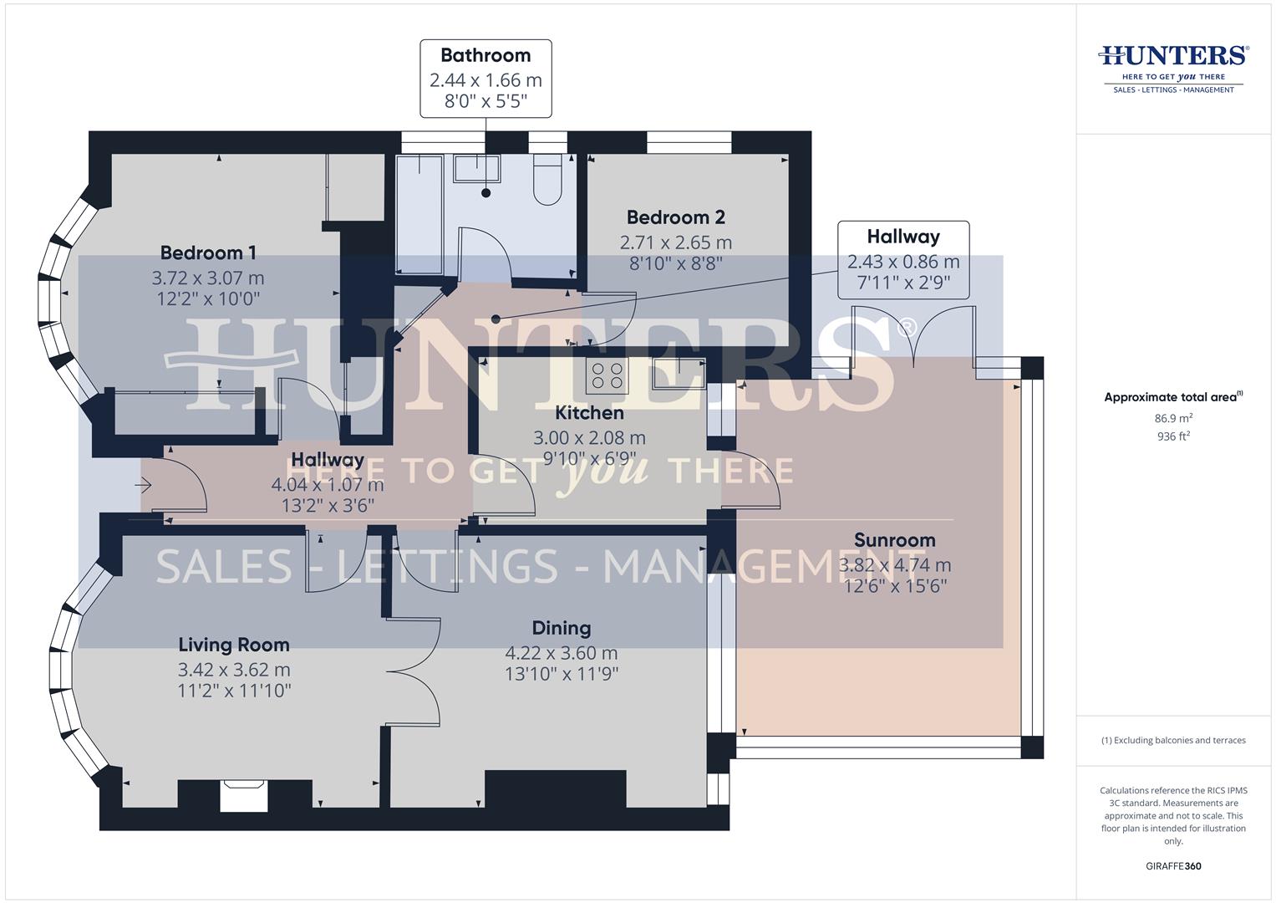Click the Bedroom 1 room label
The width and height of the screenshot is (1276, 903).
(x=208, y=253)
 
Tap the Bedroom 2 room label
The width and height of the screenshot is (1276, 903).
(x=675, y=217)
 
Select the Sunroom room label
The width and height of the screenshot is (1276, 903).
(x=894, y=540)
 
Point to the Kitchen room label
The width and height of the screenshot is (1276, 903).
(x=589, y=413)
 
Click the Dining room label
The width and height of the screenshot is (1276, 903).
(x=562, y=628)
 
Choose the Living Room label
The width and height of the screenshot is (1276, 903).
(x=234, y=645)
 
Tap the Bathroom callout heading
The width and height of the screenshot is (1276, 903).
(x=485, y=56)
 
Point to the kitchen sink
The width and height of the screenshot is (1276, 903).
(x=679, y=374)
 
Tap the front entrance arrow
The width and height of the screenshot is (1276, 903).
(x=144, y=484)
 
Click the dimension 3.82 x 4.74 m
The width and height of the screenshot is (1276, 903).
(x=894, y=565)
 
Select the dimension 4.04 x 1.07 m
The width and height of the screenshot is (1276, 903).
(x=328, y=485)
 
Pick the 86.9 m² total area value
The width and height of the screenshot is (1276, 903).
(x=1173, y=418)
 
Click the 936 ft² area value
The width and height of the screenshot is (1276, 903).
(x=1173, y=436)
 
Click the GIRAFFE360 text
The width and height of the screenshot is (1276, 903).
(x=1173, y=866)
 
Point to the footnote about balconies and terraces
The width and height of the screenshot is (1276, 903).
(x=1173, y=740)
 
